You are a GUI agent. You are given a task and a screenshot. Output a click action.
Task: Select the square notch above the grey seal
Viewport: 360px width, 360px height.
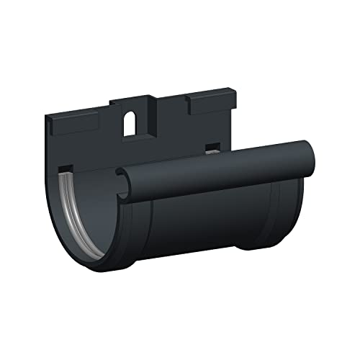point(64,170)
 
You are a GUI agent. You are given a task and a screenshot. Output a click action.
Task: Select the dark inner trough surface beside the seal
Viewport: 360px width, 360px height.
point(90,209)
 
